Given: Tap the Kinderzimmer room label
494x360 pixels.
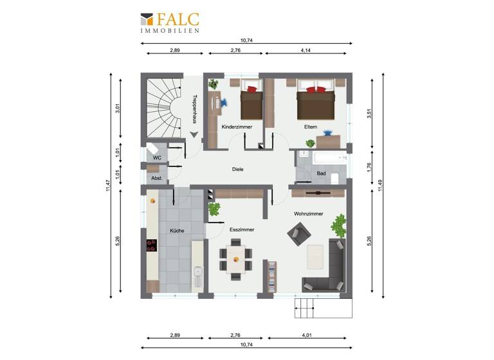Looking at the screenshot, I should (x=237, y=127).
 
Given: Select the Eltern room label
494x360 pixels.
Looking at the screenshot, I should (x=311, y=127).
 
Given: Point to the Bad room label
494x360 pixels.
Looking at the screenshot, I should (x=321, y=174).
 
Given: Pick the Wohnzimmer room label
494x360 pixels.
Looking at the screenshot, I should (x=308, y=213).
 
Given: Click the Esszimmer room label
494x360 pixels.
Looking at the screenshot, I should (x=242, y=230).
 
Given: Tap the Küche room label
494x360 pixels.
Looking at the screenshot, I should (x=178, y=230).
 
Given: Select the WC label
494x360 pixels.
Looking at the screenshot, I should (x=157, y=157).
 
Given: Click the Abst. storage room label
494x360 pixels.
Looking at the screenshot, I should (x=156, y=177).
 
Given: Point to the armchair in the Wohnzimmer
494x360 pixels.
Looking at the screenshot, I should (x=297, y=232).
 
